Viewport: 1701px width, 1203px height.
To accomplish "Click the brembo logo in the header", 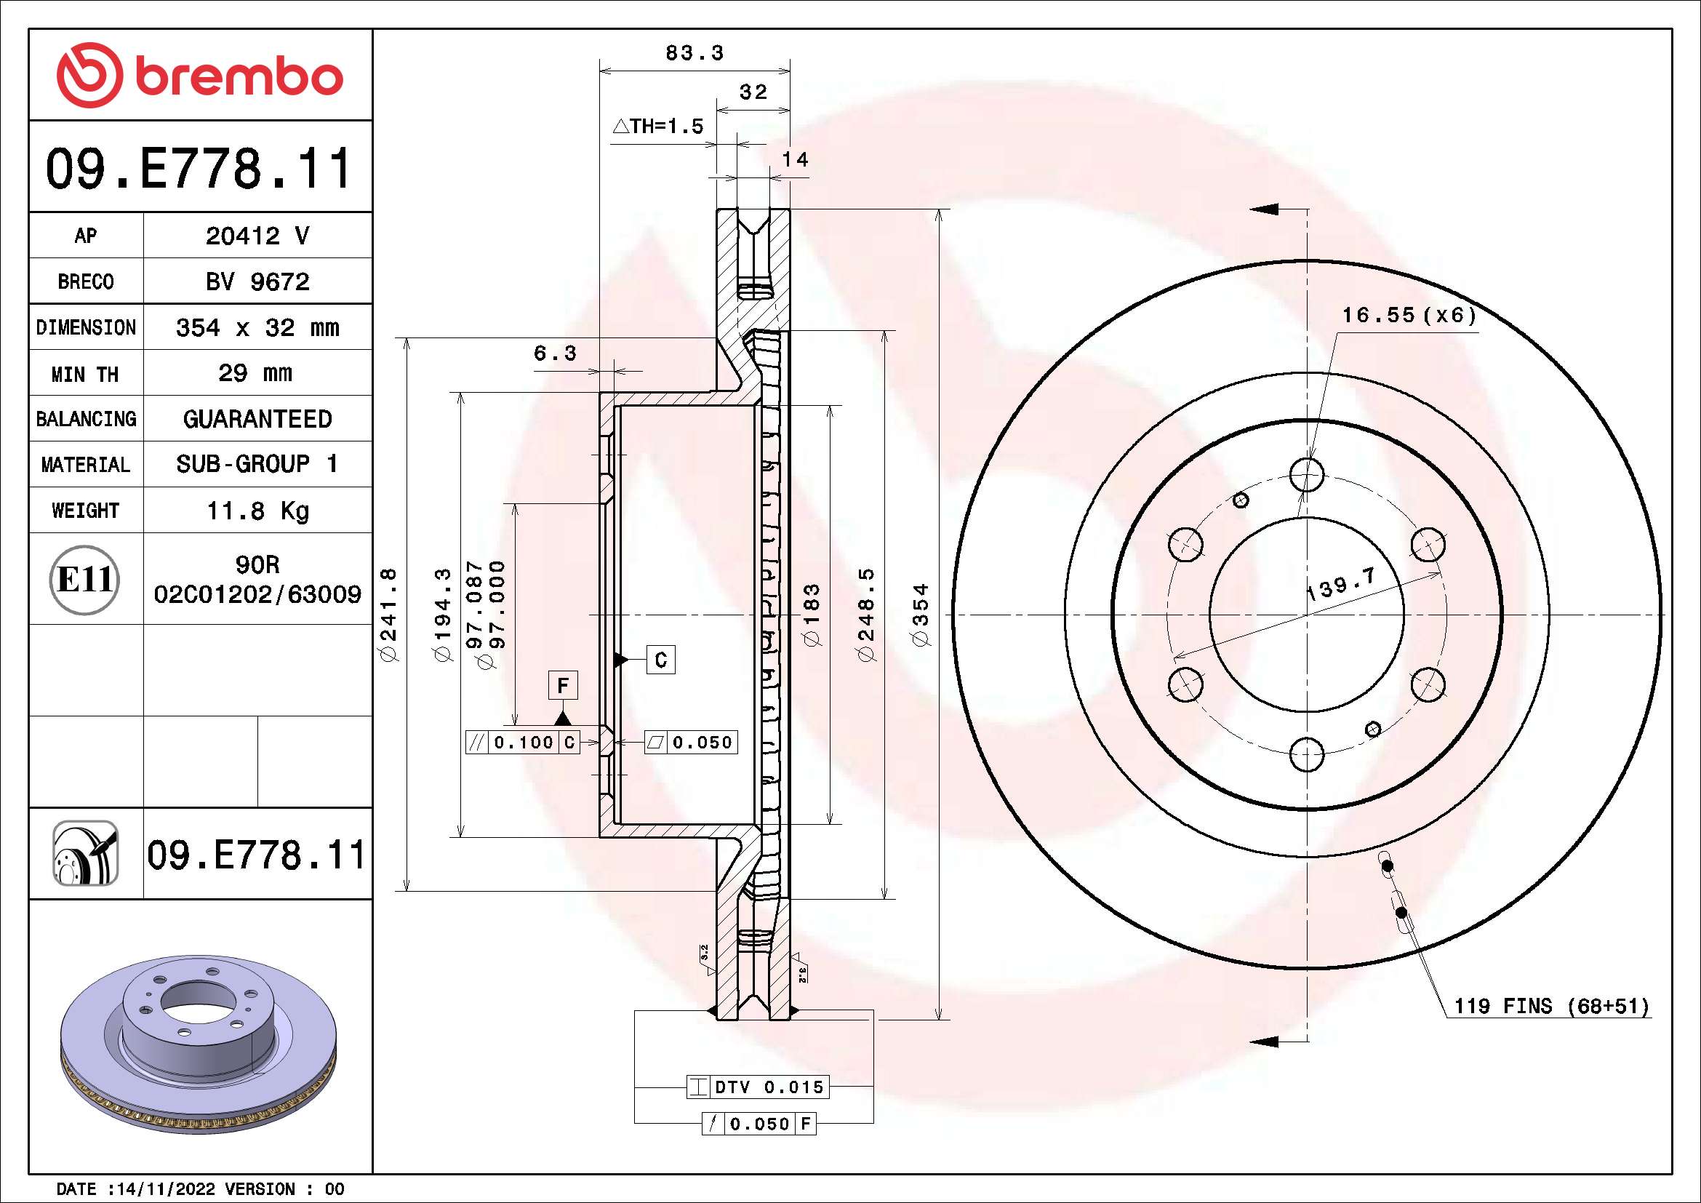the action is pos(200,76).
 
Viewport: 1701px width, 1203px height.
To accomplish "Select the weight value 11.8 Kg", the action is pos(257,511).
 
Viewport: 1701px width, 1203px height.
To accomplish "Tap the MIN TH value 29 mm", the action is pos(255,372).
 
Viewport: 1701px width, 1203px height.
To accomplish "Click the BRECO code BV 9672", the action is pos(257,281).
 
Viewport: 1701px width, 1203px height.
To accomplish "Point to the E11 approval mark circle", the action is pos(85,579).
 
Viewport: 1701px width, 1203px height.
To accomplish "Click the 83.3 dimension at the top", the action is pos(695,52).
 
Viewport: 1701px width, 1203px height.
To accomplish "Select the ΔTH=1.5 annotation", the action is pos(658,126).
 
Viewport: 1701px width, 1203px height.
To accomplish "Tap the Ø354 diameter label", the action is pos(921,615).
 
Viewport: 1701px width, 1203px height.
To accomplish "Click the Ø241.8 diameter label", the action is pos(388,614).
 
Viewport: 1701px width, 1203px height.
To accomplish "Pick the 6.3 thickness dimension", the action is pos(555,353).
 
